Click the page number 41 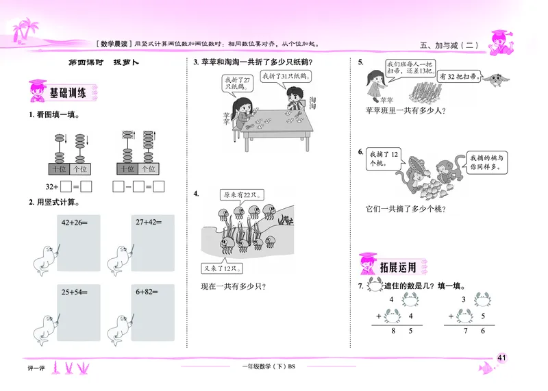click(502, 356)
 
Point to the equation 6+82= click(147, 292)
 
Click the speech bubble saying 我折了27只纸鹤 click(234, 83)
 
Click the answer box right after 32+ click(66, 186)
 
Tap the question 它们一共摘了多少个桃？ click(407, 210)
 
